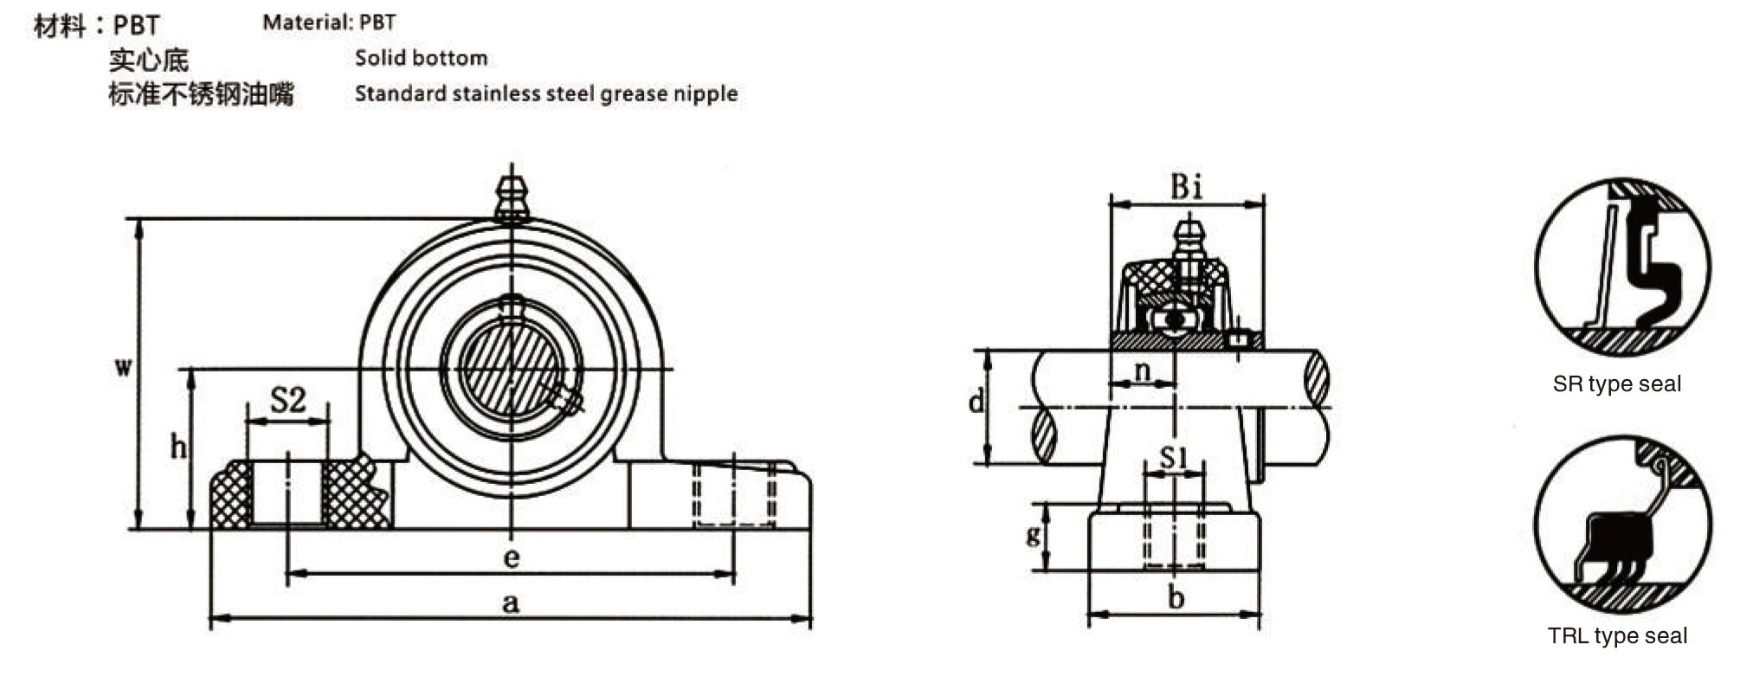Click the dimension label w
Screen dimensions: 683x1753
point(124,367)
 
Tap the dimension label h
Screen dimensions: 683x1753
point(178,447)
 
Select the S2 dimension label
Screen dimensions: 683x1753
point(288,400)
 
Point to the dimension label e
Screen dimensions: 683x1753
point(511,557)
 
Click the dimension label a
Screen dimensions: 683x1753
point(511,602)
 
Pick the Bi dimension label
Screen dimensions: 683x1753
point(1187,186)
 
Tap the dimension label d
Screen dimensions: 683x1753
point(976,402)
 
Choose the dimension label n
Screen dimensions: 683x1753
point(1143,370)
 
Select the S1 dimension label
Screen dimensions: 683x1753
point(1173,456)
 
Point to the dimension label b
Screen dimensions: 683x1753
point(1176,597)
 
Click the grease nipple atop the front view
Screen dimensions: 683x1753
point(512,199)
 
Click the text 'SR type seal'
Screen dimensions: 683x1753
point(1616,383)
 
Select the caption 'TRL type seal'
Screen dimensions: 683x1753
point(1617,636)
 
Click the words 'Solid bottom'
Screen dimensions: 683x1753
point(421,58)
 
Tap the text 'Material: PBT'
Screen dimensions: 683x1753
point(329,23)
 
